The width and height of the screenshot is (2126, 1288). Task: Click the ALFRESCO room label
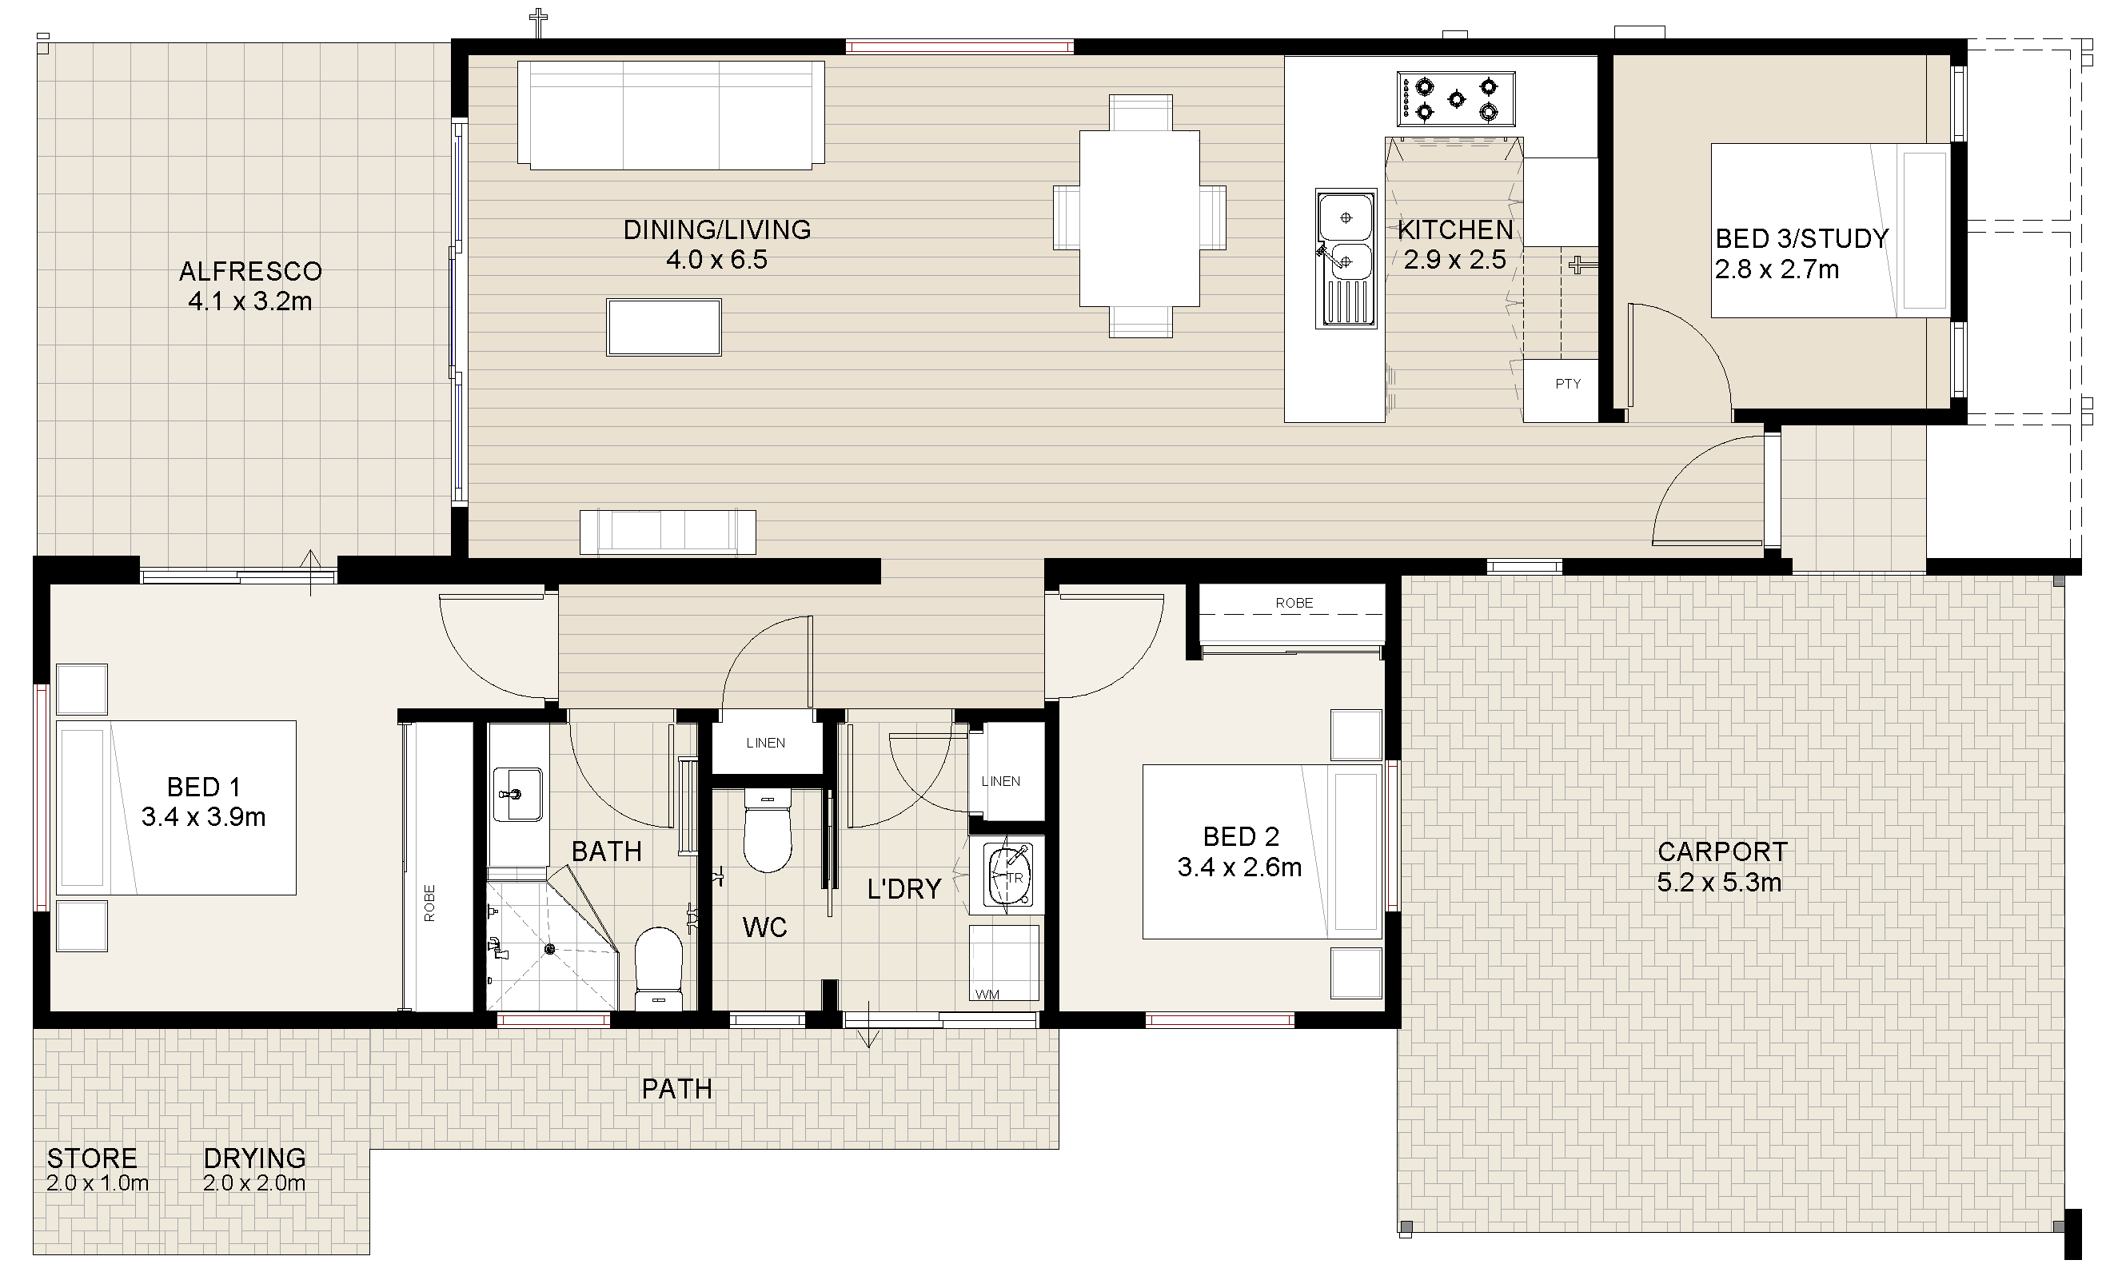click(x=250, y=271)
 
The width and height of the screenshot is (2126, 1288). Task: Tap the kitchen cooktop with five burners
click(x=1457, y=99)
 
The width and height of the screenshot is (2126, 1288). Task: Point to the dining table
click(x=1139, y=217)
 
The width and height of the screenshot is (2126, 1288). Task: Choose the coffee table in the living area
click(x=664, y=327)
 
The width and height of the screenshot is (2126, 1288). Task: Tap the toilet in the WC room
click(x=767, y=831)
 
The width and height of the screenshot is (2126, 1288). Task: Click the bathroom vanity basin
click(x=517, y=794)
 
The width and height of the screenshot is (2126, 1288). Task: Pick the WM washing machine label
click(x=987, y=995)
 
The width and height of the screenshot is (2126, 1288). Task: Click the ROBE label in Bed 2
click(x=1294, y=603)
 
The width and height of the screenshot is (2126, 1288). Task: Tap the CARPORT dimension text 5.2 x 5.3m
click(x=1719, y=883)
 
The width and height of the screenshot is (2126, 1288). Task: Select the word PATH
click(x=677, y=1089)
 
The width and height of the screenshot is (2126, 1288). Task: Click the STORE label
click(x=92, y=1158)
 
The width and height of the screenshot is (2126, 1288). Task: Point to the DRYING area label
click(x=254, y=1158)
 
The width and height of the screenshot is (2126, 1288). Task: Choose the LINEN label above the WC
click(x=765, y=743)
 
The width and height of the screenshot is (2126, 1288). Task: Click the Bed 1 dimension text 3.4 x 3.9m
click(x=204, y=816)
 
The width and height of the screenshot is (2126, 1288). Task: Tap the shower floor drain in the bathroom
click(x=549, y=949)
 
